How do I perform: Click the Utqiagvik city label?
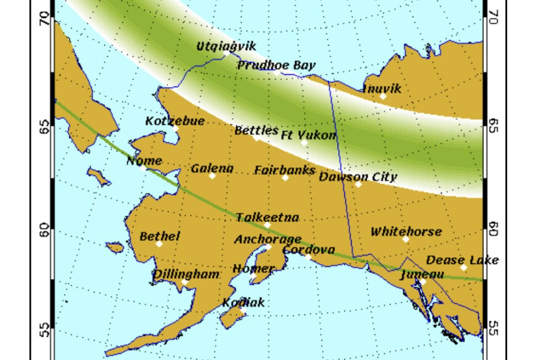pos(226,46)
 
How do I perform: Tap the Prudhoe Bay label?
pos(276,65)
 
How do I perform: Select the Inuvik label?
pos(382,88)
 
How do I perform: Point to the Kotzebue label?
pos(175,121)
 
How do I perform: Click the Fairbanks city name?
pos(285,170)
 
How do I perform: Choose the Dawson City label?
pos(358,177)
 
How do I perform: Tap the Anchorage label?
pos(267,239)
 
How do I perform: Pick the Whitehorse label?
pos(406,232)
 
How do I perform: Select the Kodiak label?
pos(243,302)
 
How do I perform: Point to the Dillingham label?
pos(186,274)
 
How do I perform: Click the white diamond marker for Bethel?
pos(159,244)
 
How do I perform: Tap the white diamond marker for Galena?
pos(212,176)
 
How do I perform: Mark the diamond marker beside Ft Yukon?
pos(304,143)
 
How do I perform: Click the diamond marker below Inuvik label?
pos(383,96)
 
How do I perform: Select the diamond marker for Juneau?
pos(422,282)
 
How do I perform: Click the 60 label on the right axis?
pos(492,229)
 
